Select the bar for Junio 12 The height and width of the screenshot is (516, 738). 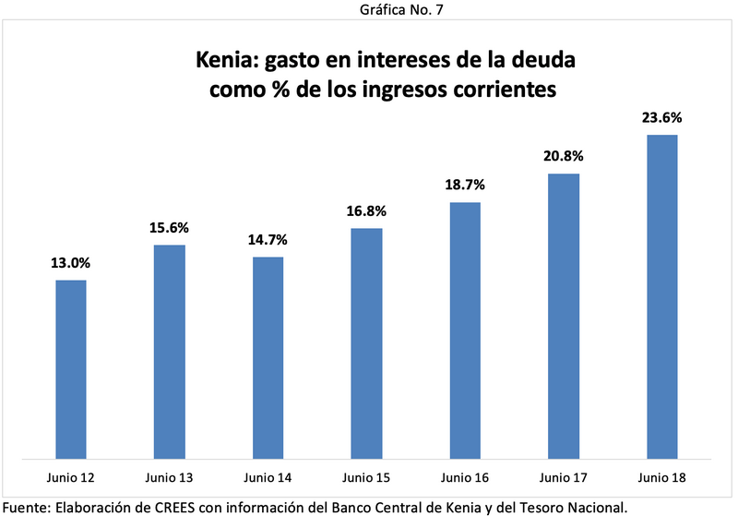[71, 368]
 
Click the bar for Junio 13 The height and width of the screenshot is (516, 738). [170, 351]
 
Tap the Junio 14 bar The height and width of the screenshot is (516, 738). [268, 356]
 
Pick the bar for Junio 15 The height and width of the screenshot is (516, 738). [366, 342]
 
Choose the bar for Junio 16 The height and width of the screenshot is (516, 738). [465, 330]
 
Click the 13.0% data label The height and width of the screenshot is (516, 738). [71, 263]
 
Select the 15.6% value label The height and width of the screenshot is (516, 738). [170, 228]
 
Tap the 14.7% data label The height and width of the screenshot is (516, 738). [268, 240]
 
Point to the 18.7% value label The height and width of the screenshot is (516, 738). [465, 185]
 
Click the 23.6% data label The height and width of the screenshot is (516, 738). [661, 118]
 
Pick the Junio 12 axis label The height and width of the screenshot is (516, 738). [71, 477]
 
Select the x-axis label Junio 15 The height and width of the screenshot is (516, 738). [366, 477]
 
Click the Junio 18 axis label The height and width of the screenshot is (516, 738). [661, 477]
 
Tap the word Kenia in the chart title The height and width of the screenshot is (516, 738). [226, 62]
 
